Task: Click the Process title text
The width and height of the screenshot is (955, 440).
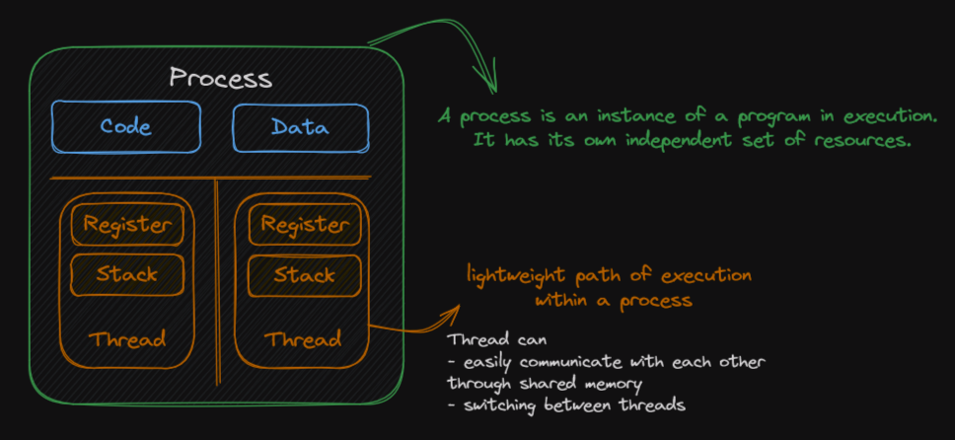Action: click(220, 78)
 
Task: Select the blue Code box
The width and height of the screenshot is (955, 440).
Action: click(126, 126)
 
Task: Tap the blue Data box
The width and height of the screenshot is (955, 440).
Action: click(301, 127)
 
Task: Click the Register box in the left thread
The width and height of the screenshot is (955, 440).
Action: click(127, 224)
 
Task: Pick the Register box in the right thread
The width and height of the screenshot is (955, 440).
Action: click(305, 224)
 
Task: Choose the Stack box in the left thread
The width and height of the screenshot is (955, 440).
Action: click(127, 275)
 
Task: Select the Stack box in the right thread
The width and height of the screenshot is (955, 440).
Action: click(305, 275)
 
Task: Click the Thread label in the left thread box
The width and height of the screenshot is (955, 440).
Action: click(127, 338)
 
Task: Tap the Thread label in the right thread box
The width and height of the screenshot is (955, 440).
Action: click(303, 338)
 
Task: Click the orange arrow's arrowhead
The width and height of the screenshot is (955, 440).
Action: click(454, 312)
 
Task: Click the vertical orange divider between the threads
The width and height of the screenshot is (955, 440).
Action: click(217, 282)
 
